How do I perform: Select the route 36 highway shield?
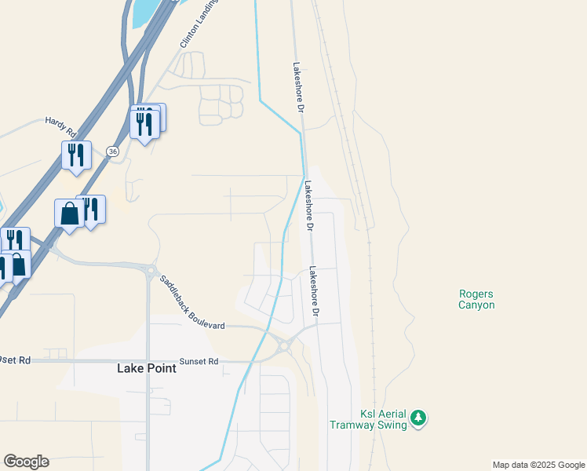[113, 152]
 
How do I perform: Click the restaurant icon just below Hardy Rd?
[76, 154]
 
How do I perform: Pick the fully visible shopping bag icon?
[69, 213]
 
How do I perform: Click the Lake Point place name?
[146, 367]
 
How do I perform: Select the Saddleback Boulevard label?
[192, 301]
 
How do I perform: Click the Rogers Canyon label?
[476, 299]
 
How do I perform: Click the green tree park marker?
[420, 418]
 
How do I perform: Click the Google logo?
[26, 462]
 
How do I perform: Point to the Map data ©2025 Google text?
[538, 465]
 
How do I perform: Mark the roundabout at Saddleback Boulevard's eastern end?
[283, 345]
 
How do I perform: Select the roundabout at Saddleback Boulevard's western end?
[149, 271]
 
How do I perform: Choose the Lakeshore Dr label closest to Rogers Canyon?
[313, 291]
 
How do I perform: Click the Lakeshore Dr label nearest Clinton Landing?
[297, 88]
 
